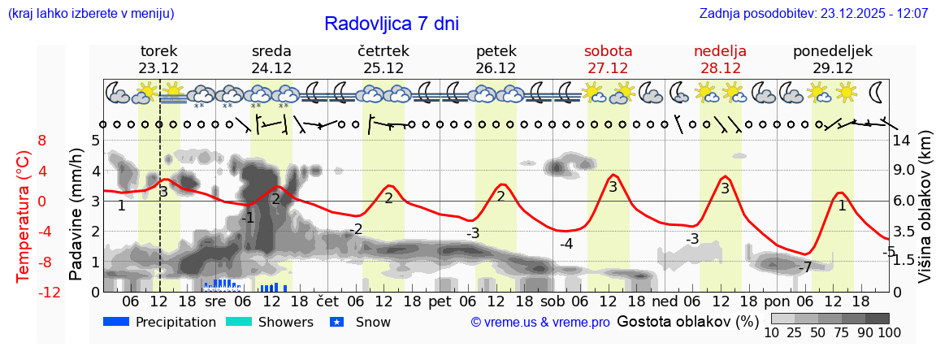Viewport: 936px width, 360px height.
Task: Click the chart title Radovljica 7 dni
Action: (391, 24)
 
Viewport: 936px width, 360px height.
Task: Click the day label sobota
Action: (608, 51)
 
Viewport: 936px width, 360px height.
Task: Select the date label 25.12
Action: (383, 68)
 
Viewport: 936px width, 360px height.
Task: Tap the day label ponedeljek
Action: (833, 51)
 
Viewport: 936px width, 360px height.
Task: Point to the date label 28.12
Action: (720, 68)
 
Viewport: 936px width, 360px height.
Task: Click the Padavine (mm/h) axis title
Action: (76, 215)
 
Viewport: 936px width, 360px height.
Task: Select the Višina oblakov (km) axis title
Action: (925, 215)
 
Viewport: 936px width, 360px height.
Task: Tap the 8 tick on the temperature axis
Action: (42, 140)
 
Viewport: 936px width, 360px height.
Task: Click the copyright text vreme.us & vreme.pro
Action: (540, 323)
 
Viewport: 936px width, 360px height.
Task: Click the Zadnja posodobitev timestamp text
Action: (813, 14)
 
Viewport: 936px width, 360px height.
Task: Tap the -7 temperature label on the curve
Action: (805, 267)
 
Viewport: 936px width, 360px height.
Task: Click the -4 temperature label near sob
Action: (566, 244)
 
